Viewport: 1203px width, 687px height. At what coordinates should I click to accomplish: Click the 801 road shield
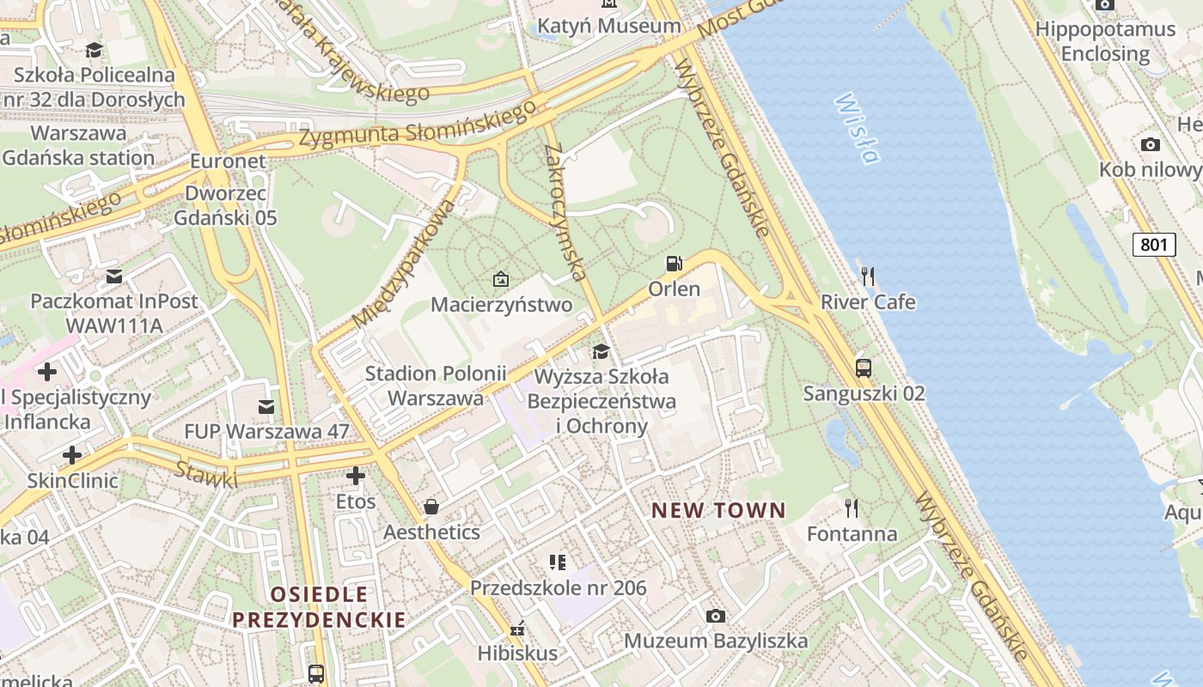click(x=1153, y=245)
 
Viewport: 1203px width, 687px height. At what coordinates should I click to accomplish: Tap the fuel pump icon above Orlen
click(x=675, y=264)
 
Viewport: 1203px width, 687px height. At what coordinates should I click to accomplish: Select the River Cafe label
click(x=868, y=302)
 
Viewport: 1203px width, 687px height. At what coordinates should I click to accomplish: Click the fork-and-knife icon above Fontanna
click(x=851, y=508)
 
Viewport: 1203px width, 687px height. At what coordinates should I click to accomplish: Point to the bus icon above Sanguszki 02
click(x=864, y=368)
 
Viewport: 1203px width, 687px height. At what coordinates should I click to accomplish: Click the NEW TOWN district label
click(x=718, y=511)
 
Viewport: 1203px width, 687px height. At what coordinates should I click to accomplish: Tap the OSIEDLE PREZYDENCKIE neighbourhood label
click(x=318, y=607)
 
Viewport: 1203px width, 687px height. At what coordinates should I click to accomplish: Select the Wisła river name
click(x=857, y=128)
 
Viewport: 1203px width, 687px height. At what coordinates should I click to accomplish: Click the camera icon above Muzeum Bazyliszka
click(x=715, y=616)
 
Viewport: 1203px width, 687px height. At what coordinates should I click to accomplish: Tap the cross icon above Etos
click(x=356, y=475)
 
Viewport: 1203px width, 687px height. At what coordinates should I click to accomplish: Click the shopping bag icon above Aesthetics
click(x=431, y=507)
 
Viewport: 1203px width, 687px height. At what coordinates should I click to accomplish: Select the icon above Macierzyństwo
click(x=501, y=279)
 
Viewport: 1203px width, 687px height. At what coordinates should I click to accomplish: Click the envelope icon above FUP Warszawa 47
click(x=266, y=406)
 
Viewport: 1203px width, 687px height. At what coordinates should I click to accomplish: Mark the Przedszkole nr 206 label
click(x=558, y=588)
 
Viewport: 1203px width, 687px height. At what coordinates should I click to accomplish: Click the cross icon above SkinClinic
click(x=72, y=454)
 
